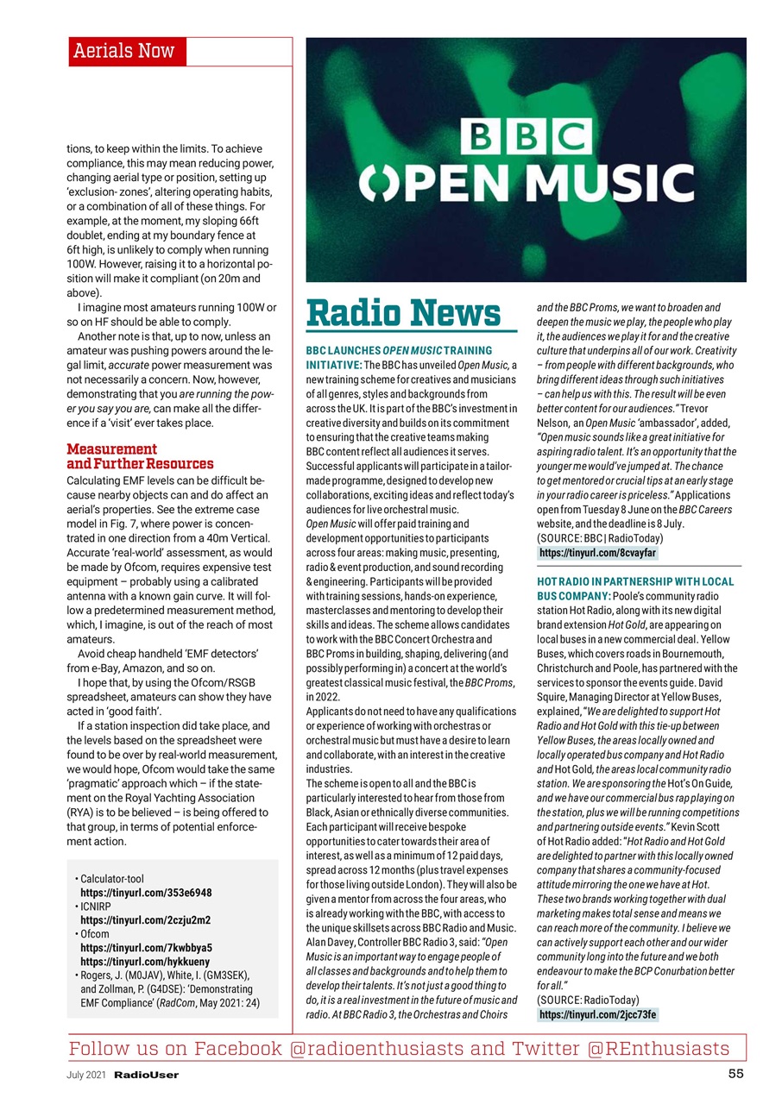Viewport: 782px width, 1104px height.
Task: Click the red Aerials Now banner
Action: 126,51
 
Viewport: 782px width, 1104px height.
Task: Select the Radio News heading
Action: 404,313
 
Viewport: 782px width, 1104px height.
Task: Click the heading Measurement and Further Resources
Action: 140,456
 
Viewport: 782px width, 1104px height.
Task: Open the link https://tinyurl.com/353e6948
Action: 146,892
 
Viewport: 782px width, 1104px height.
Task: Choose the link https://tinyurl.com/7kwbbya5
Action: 146,947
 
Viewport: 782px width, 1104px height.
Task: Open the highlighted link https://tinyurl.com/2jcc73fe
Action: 597,1014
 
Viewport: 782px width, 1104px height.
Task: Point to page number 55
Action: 735,1074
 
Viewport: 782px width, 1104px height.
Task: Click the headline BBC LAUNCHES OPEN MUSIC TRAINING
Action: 399,351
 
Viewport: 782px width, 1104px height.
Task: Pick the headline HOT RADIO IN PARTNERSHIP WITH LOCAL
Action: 635,582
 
